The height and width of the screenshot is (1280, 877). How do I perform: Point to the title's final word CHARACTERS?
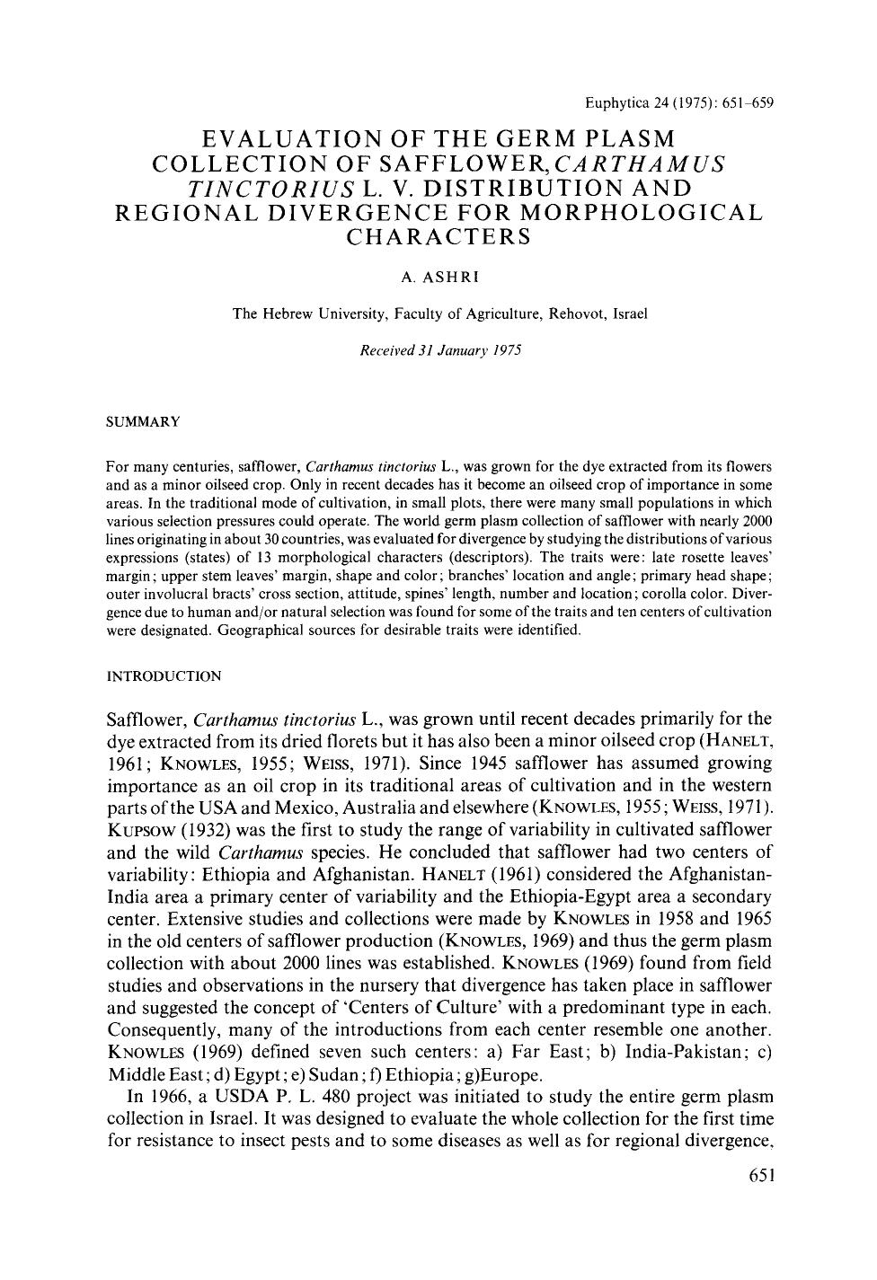(439, 238)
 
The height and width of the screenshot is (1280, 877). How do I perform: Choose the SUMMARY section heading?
(144, 420)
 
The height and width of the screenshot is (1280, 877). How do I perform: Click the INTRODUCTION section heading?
(164, 675)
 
